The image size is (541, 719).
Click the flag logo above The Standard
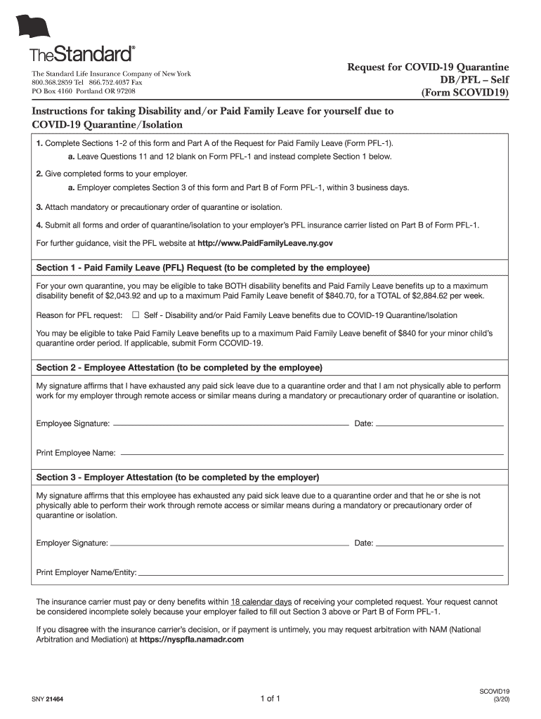point(34,27)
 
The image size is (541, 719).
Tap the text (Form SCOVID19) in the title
point(464,92)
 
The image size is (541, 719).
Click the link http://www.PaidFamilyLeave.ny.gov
point(265,243)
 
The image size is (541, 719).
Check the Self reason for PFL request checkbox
point(136,315)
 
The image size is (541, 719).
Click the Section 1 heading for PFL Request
point(203,268)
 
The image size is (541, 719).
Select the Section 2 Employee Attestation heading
point(179,368)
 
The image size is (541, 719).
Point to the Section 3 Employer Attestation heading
point(178,477)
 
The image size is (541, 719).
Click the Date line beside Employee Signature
point(440,425)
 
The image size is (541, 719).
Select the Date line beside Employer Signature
point(440,544)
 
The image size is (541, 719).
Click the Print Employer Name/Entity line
point(321,574)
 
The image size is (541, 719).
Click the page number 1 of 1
point(270,699)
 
